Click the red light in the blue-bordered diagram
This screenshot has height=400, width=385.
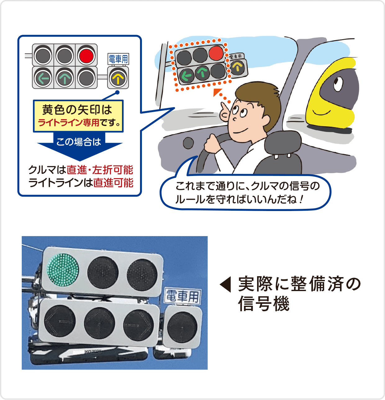(86, 56)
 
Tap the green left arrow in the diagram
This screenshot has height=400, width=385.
(43, 78)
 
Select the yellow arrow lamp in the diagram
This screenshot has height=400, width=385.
(118, 79)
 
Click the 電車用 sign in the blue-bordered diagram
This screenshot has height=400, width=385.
(118, 59)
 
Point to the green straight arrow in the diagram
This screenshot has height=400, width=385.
(65, 78)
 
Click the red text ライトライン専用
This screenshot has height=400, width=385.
(69, 123)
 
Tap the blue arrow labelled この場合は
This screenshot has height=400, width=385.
(79, 146)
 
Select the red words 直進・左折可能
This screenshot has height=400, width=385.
(100, 170)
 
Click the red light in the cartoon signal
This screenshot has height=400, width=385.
(216, 53)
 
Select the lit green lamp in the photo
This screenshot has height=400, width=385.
(63, 270)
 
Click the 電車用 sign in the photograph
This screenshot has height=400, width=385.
(183, 296)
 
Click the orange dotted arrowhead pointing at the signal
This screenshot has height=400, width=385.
(217, 92)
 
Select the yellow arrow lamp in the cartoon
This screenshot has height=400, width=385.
(238, 67)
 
